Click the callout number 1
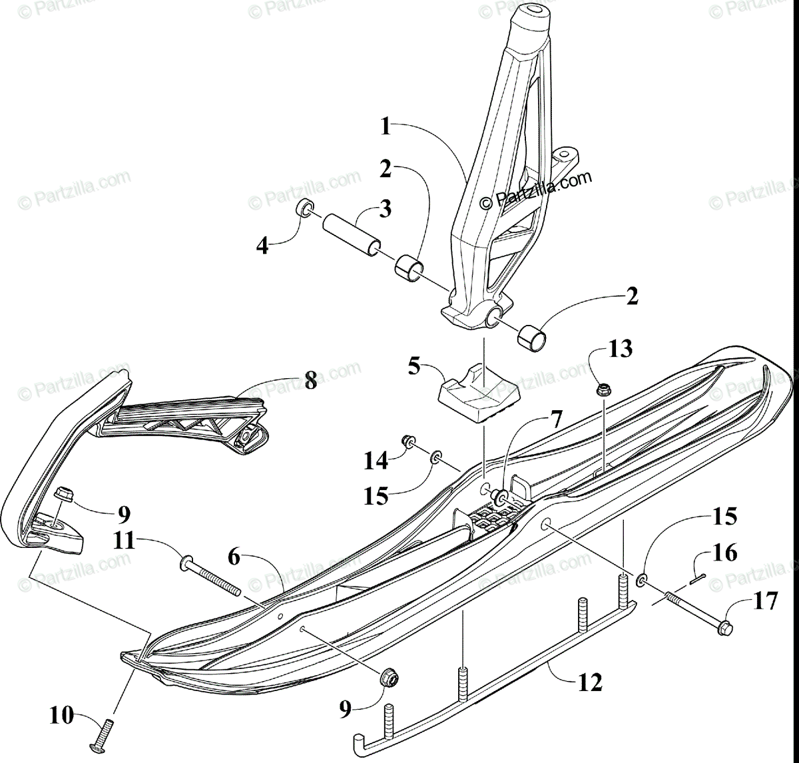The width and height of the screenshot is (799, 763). [385, 127]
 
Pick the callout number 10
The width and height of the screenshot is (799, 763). [63, 717]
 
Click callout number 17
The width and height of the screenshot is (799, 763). [765, 601]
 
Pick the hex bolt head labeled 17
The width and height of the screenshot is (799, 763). [724, 627]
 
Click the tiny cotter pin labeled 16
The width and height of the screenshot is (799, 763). [698, 577]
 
